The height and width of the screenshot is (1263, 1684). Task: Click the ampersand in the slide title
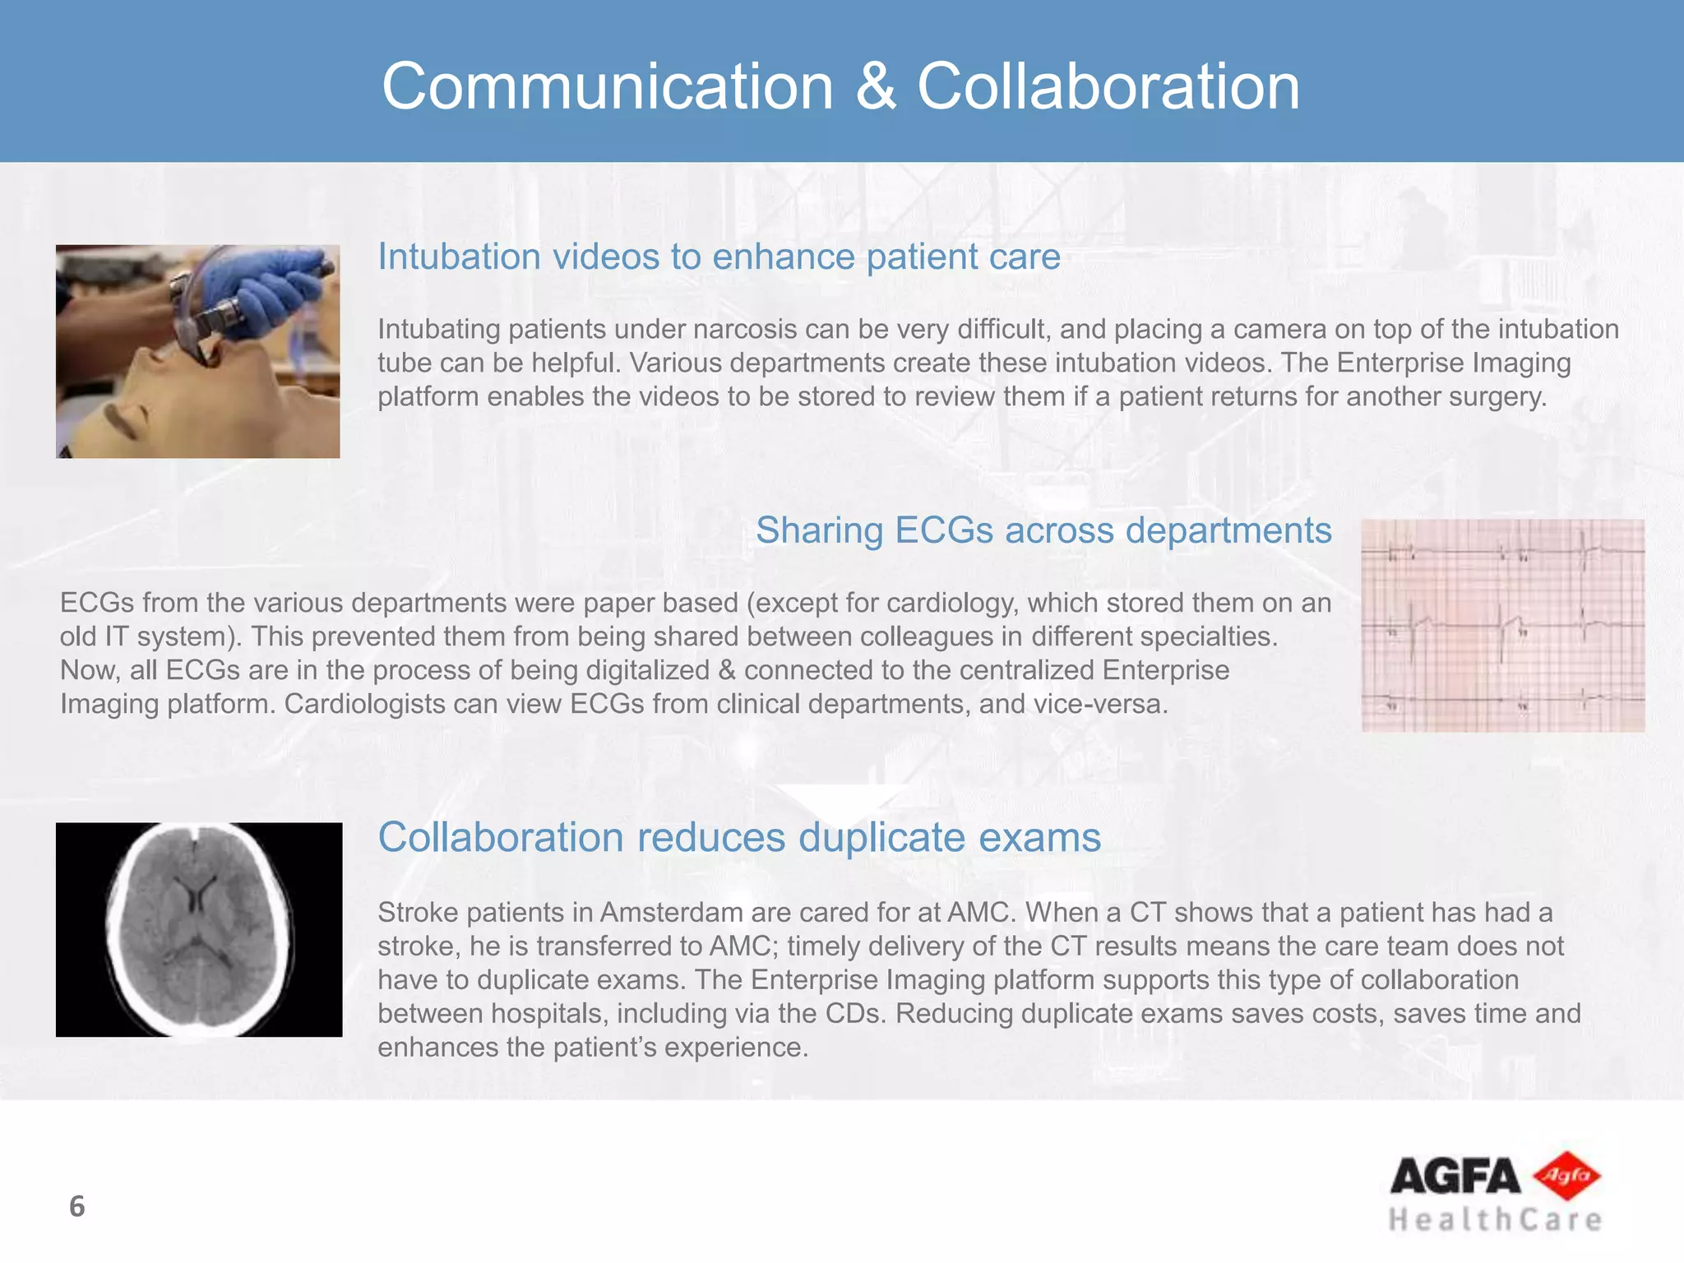click(875, 87)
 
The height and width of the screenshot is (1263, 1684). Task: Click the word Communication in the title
click(607, 87)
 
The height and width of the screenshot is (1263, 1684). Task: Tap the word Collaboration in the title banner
click(1108, 87)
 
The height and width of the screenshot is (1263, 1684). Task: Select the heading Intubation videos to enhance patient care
click(719, 257)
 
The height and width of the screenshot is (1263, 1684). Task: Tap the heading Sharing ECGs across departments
click(1043, 530)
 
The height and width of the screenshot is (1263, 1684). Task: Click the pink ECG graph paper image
click(1502, 626)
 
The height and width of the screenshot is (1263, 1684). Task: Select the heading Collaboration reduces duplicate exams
click(738, 838)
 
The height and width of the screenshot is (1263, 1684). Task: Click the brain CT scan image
click(199, 929)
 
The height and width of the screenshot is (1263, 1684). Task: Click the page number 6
click(76, 1206)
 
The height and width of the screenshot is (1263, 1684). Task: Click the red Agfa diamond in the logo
click(1568, 1176)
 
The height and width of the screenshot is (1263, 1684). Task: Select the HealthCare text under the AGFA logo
click(1495, 1219)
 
